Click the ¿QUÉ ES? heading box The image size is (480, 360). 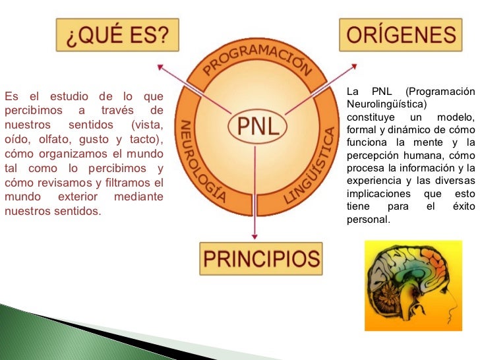pos(117,34)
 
